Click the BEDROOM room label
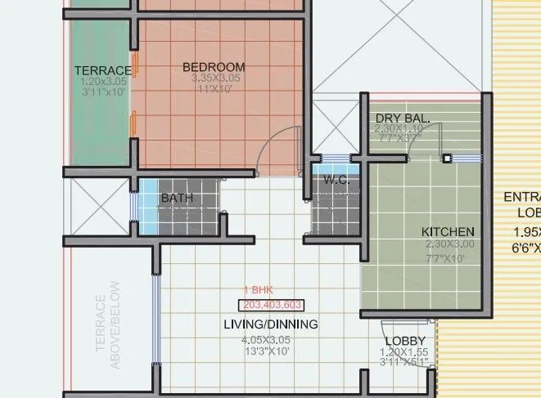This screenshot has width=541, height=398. tap(214, 66)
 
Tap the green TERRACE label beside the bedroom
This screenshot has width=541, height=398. tap(102, 70)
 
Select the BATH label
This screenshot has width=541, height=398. tap(177, 198)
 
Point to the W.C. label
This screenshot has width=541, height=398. tap(336, 180)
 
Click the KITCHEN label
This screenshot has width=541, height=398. tap(448, 232)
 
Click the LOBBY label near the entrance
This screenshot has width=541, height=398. tap(404, 341)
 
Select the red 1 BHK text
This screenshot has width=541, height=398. tap(259, 291)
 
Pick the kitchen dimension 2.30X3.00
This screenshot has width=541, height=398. tap(449, 244)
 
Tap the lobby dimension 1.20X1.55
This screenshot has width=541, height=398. tap(404, 352)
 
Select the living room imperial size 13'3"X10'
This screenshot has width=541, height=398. tap(266, 351)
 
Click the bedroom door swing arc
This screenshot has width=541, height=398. tap(278, 146)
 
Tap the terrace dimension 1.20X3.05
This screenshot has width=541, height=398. tap(103, 82)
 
